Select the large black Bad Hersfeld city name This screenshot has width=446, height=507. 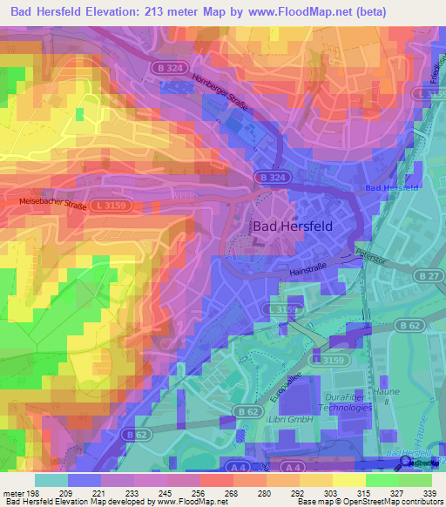coord(293,225)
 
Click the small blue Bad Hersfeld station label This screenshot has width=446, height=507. coord(392,188)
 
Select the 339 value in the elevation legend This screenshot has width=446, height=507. coord(430,494)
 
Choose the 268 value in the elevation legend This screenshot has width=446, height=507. coord(233,494)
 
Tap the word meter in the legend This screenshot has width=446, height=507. coord(11,494)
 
